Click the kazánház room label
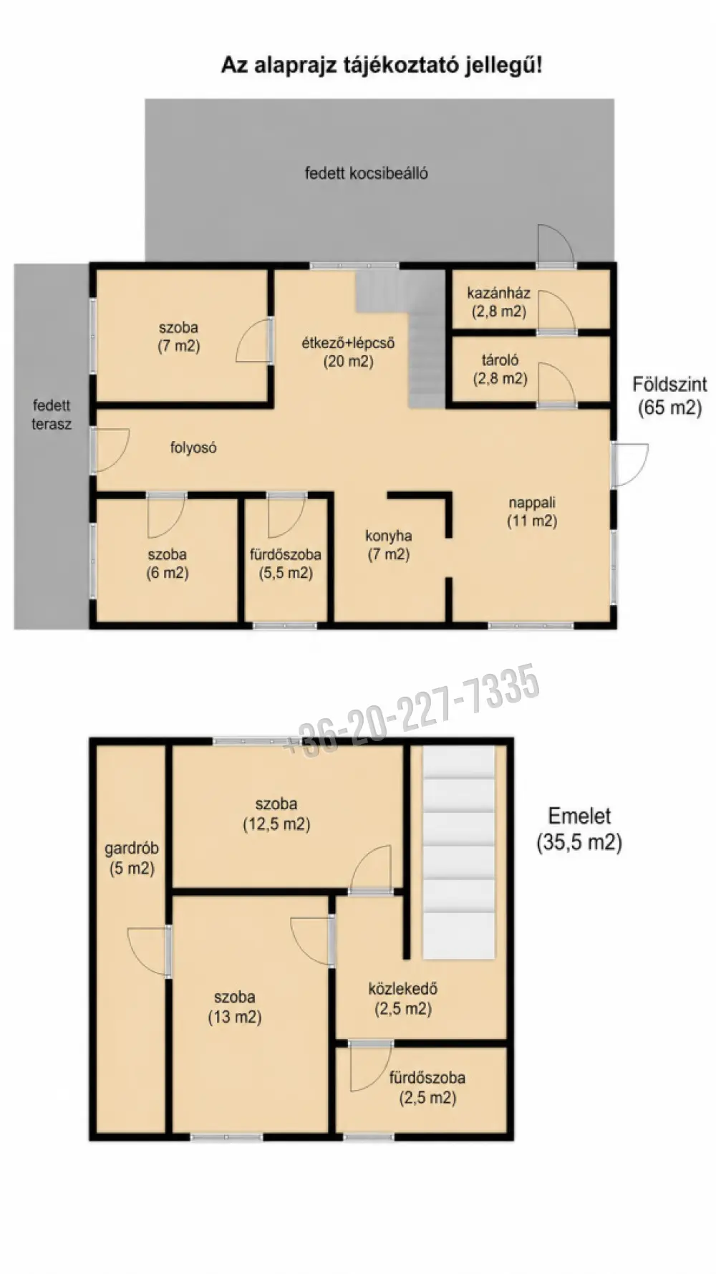click(x=499, y=301)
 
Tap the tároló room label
click(x=500, y=369)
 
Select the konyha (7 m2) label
click(x=389, y=544)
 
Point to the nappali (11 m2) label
click(x=532, y=511)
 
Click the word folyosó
click(x=193, y=448)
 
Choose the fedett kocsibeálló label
click(x=367, y=173)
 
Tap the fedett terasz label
click(x=52, y=415)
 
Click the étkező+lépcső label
click(x=348, y=352)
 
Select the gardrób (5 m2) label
click(x=132, y=858)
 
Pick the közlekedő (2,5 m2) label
click(x=403, y=998)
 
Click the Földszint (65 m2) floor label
click(x=669, y=395)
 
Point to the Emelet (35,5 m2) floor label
click(x=579, y=829)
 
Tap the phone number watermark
click(x=412, y=710)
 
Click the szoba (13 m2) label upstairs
click(x=235, y=1006)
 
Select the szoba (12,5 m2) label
click(x=276, y=814)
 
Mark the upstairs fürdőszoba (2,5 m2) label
click(x=427, y=1087)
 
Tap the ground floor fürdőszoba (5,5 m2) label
click(x=286, y=563)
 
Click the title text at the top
click(x=381, y=65)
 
